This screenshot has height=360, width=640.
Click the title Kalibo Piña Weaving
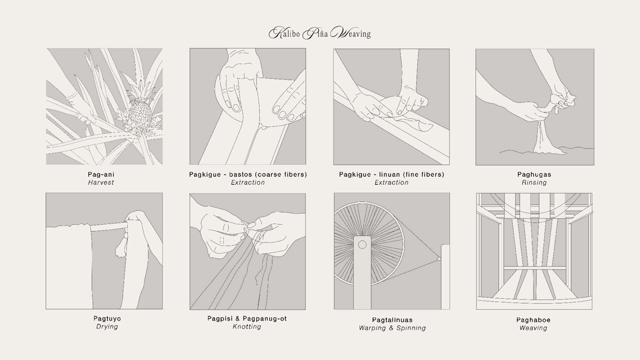click(x=319, y=33)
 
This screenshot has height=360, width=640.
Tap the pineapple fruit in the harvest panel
click(x=140, y=115)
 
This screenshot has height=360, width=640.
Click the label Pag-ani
click(x=101, y=174)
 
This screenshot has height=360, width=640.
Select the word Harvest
click(x=101, y=182)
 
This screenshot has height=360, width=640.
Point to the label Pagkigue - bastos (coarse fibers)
click(x=247, y=174)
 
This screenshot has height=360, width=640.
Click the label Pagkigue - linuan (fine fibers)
click(x=391, y=174)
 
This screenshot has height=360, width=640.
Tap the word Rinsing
click(x=534, y=182)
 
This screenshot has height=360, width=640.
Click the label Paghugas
click(x=534, y=174)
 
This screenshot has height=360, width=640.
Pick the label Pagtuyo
click(x=107, y=318)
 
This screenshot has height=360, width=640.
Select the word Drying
click(x=107, y=326)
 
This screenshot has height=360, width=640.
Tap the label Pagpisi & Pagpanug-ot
click(x=247, y=318)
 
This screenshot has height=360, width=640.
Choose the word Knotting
click(x=247, y=326)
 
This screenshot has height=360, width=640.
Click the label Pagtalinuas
click(x=392, y=319)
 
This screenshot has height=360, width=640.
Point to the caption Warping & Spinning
click(x=392, y=328)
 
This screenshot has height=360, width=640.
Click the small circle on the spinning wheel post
click(x=362, y=245)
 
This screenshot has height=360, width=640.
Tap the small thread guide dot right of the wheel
click(x=439, y=259)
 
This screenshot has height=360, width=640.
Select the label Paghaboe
click(x=533, y=319)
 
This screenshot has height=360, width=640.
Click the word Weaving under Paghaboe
click(x=533, y=328)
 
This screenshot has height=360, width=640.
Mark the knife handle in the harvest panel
click(x=83, y=118)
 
